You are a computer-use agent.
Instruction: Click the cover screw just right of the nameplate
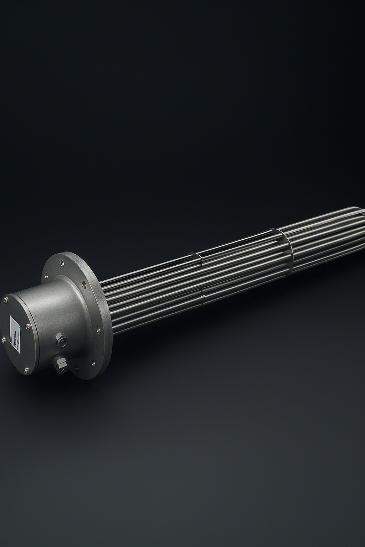pos(27,325)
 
